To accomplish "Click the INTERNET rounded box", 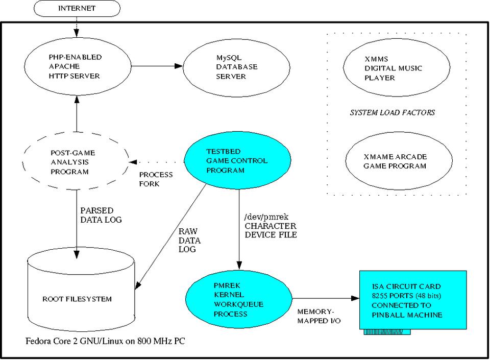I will click(x=77, y=9).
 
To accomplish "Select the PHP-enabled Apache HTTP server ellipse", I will click(x=76, y=66).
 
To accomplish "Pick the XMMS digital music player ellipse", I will click(x=390, y=68).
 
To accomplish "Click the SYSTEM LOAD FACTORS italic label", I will click(x=392, y=112).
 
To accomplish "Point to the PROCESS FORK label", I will click(x=156, y=179).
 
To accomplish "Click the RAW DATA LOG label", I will click(x=189, y=240).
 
